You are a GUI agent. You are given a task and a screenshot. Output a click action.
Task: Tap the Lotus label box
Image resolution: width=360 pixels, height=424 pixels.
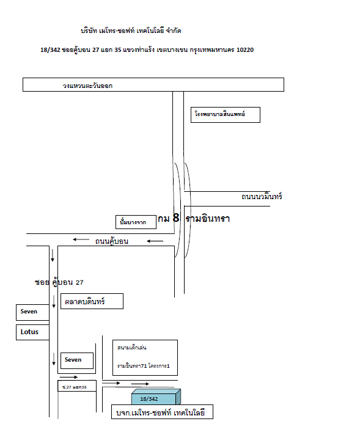click(x=32, y=332)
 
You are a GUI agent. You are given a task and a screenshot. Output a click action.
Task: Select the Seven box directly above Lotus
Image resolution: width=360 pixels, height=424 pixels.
click(x=32, y=312)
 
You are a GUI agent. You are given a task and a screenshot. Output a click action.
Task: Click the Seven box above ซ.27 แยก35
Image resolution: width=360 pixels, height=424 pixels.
click(x=77, y=360)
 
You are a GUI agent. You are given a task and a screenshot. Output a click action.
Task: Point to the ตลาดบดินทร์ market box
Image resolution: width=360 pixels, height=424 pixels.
click(x=92, y=301)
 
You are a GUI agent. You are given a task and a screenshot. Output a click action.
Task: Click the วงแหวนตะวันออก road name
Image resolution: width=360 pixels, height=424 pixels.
click(x=87, y=86)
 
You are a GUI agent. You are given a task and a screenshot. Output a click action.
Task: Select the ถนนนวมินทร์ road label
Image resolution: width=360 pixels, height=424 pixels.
click(x=262, y=196)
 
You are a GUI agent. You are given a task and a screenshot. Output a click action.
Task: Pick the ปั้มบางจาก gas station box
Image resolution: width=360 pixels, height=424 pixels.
click(x=136, y=222)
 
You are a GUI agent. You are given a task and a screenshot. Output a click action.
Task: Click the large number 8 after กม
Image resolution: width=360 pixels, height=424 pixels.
click(x=176, y=217)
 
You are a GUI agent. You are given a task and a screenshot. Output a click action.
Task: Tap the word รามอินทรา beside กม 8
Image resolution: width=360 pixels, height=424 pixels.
click(x=208, y=219)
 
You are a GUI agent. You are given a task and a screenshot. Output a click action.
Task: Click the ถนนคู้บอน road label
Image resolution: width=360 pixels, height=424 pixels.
click(x=111, y=241)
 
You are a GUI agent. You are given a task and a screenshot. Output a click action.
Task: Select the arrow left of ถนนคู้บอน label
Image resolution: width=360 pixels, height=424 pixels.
click(x=81, y=239)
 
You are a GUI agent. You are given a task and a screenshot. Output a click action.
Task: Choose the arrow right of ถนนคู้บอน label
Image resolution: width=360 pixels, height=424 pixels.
click(x=155, y=241)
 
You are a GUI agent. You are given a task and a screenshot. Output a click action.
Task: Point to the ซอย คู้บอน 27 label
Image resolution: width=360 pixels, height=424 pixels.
click(x=59, y=282)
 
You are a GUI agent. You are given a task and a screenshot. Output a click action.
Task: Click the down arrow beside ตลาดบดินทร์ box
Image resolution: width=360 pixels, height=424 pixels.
click(x=54, y=302)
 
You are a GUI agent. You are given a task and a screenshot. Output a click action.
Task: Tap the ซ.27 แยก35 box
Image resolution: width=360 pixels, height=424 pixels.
click(x=77, y=386)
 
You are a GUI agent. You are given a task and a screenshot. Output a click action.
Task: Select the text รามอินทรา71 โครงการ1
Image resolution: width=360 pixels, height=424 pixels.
click(x=144, y=366)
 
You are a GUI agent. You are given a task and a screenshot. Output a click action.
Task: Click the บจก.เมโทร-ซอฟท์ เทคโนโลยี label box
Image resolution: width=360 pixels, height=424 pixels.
click(x=163, y=412)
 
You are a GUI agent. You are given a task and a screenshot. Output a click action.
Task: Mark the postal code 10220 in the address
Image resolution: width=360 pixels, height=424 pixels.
click(x=245, y=49)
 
